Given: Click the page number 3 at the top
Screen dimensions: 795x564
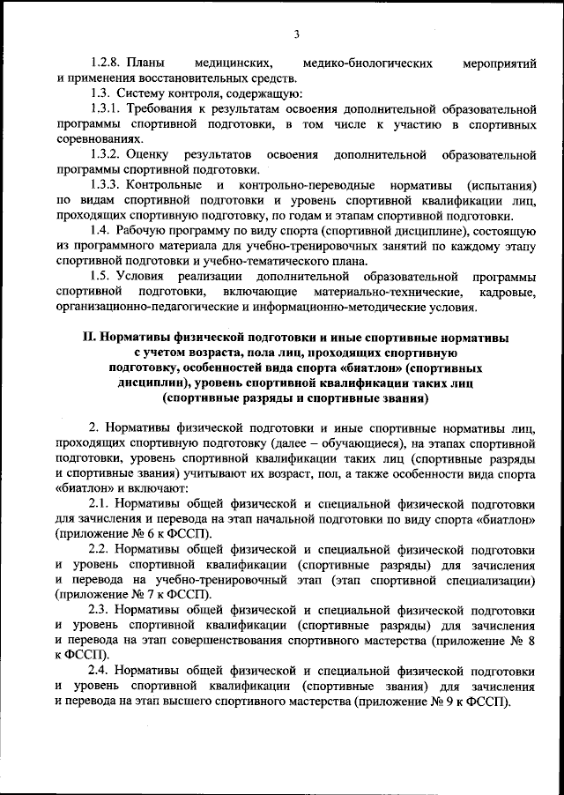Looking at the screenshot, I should pyautogui.click(x=296, y=34).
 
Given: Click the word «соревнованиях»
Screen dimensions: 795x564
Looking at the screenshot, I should pyautogui.click(x=96, y=139).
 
